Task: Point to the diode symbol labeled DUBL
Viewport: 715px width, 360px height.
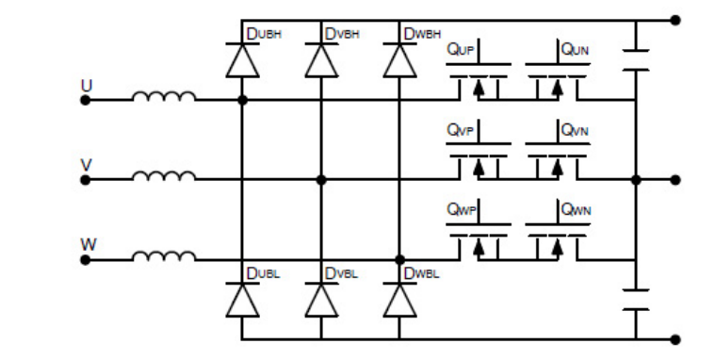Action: (x=242, y=299)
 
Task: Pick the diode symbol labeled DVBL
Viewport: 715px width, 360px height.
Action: (x=321, y=299)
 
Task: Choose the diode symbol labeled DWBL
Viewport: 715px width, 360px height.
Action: (x=400, y=299)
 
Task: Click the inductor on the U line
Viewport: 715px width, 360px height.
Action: (x=164, y=96)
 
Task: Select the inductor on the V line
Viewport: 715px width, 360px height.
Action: (x=164, y=175)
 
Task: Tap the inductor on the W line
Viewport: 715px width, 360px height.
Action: (x=164, y=254)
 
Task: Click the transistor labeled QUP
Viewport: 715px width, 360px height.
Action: (x=479, y=80)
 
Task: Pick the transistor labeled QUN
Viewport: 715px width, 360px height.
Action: (x=558, y=80)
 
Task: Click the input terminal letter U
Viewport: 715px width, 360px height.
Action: (x=87, y=85)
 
